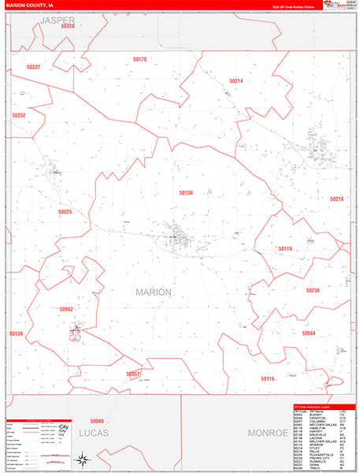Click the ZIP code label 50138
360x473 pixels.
[x=186, y=192]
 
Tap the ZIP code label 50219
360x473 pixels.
[x=337, y=199]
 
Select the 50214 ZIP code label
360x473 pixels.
[x=236, y=81]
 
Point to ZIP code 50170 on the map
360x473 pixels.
[x=139, y=59]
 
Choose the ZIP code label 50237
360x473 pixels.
[x=33, y=67]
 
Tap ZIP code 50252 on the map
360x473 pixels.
[x=19, y=115]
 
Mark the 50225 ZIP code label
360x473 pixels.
[x=65, y=211]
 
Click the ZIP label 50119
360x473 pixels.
[x=285, y=249]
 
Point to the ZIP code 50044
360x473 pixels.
[x=309, y=333]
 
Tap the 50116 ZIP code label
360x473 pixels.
[x=268, y=378]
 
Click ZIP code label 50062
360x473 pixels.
[x=66, y=310]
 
